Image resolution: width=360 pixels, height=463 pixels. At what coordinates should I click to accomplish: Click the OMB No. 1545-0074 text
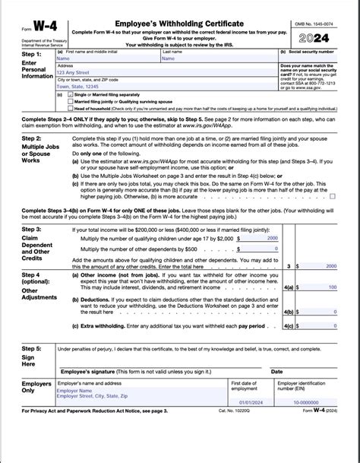[324, 7]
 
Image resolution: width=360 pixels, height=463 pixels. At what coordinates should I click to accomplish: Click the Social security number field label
[306, 51]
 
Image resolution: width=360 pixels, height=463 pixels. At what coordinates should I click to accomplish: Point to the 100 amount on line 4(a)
[333, 287]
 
